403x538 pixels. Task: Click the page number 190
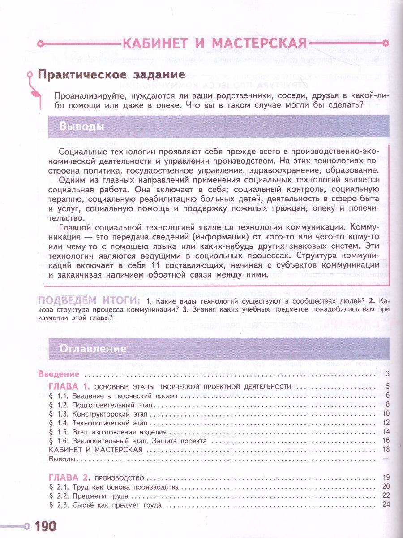coord(44,525)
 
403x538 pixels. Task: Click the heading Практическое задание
coord(111,74)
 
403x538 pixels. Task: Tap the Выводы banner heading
coord(82,126)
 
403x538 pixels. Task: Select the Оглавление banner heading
coord(93,348)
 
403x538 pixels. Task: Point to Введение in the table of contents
coord(58,374)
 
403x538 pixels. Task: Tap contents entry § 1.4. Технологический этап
coord(103,422)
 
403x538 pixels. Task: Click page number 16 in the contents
coord(387,441)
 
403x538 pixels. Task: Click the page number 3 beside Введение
coord(389,374)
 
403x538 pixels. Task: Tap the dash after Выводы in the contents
coord(387,459)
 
